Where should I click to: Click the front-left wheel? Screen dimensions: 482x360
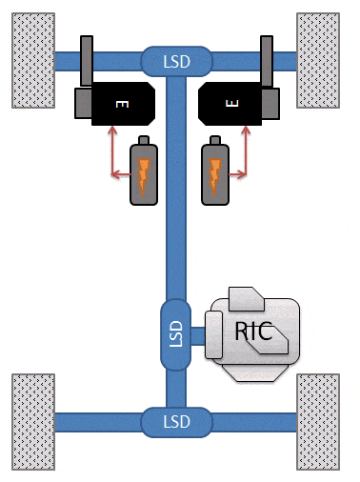(x=33, y=60)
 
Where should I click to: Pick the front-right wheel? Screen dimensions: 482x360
(x=322, y=60)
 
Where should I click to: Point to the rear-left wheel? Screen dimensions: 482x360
(x=33, y=421)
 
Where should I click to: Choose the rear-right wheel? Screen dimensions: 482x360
(x=322, y=421)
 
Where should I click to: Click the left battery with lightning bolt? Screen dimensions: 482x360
(x=143, y=172)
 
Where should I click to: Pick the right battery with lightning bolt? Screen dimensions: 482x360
(x=215, y=172)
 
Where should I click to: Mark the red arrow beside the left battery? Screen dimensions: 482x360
(x=116, y=158)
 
